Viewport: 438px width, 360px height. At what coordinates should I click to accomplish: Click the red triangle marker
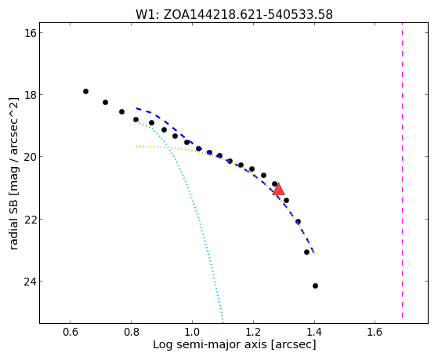pos(278,189)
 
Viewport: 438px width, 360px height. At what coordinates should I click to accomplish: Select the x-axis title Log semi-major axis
pos(210,344)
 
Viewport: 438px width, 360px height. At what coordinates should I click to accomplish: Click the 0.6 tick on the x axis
pos(70,332)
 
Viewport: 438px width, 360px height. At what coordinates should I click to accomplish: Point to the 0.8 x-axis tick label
pos(132,332)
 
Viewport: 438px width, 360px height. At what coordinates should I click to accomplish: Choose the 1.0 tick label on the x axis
pos(192,332)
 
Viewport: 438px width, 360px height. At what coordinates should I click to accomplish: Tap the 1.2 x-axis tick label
pos(253,332)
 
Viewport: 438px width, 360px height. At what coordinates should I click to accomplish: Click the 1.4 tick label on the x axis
pos(314,332)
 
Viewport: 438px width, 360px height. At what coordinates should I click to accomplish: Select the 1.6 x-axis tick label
pos(375,332)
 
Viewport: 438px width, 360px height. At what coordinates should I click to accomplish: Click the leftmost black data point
pos(85,91)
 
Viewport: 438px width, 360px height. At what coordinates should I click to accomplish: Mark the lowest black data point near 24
pos(315,285)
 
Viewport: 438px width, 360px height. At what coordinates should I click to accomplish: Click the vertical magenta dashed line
pos(402,170)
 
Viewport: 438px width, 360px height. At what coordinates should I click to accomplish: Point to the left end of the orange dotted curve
pos(136,147)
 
